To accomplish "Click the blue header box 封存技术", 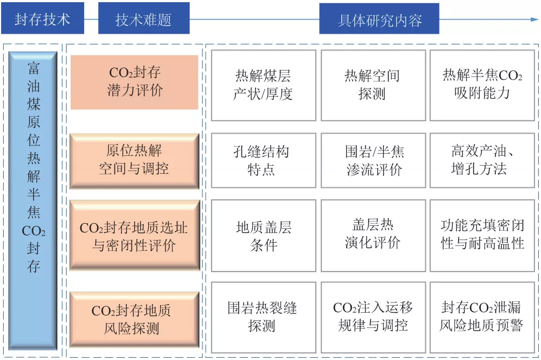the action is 42,18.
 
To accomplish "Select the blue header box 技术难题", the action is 144,18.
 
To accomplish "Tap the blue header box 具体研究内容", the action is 379,18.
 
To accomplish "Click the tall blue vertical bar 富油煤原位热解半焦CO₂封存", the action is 33,201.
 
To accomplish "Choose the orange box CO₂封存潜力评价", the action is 135,82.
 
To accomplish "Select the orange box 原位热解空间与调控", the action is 135,161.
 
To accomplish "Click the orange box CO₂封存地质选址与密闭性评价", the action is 135,235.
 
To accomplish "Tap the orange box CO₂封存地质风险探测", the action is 135,319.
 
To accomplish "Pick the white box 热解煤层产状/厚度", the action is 264,85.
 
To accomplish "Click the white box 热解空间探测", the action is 373,85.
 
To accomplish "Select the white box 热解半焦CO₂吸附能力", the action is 482,85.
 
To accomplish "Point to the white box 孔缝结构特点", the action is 264,161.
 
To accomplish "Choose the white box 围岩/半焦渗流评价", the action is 373,161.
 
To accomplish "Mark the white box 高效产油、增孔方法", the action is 482,161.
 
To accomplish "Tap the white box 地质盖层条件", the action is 264,236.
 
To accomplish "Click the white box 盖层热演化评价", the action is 373,236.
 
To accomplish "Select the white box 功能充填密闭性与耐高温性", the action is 482,236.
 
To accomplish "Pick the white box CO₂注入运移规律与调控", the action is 373,318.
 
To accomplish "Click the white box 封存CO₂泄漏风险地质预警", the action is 482,318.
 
